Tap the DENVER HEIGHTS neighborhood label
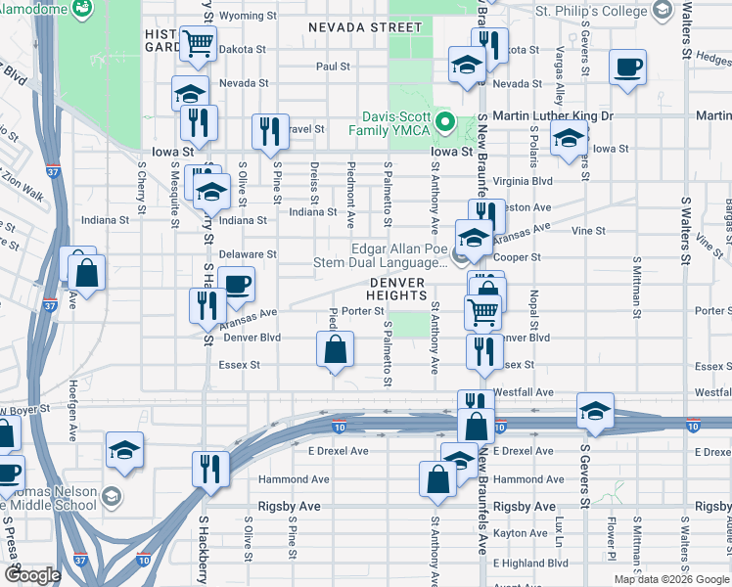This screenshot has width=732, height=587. (397, 289)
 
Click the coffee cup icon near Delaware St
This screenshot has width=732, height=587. (236, 286)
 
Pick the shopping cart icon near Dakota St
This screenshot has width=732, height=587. (197, 43)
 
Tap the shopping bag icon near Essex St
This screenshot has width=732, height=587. (335, 349)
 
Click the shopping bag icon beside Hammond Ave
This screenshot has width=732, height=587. (436, 479)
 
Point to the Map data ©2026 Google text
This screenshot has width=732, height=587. (671, 579)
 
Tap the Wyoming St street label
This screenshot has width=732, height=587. (241, 16)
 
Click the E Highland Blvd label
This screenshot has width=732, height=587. (530, 564)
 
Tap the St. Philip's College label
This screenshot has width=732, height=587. (591, 12)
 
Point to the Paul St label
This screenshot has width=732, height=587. (333, 67)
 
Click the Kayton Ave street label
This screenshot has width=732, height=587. (521, 534)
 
